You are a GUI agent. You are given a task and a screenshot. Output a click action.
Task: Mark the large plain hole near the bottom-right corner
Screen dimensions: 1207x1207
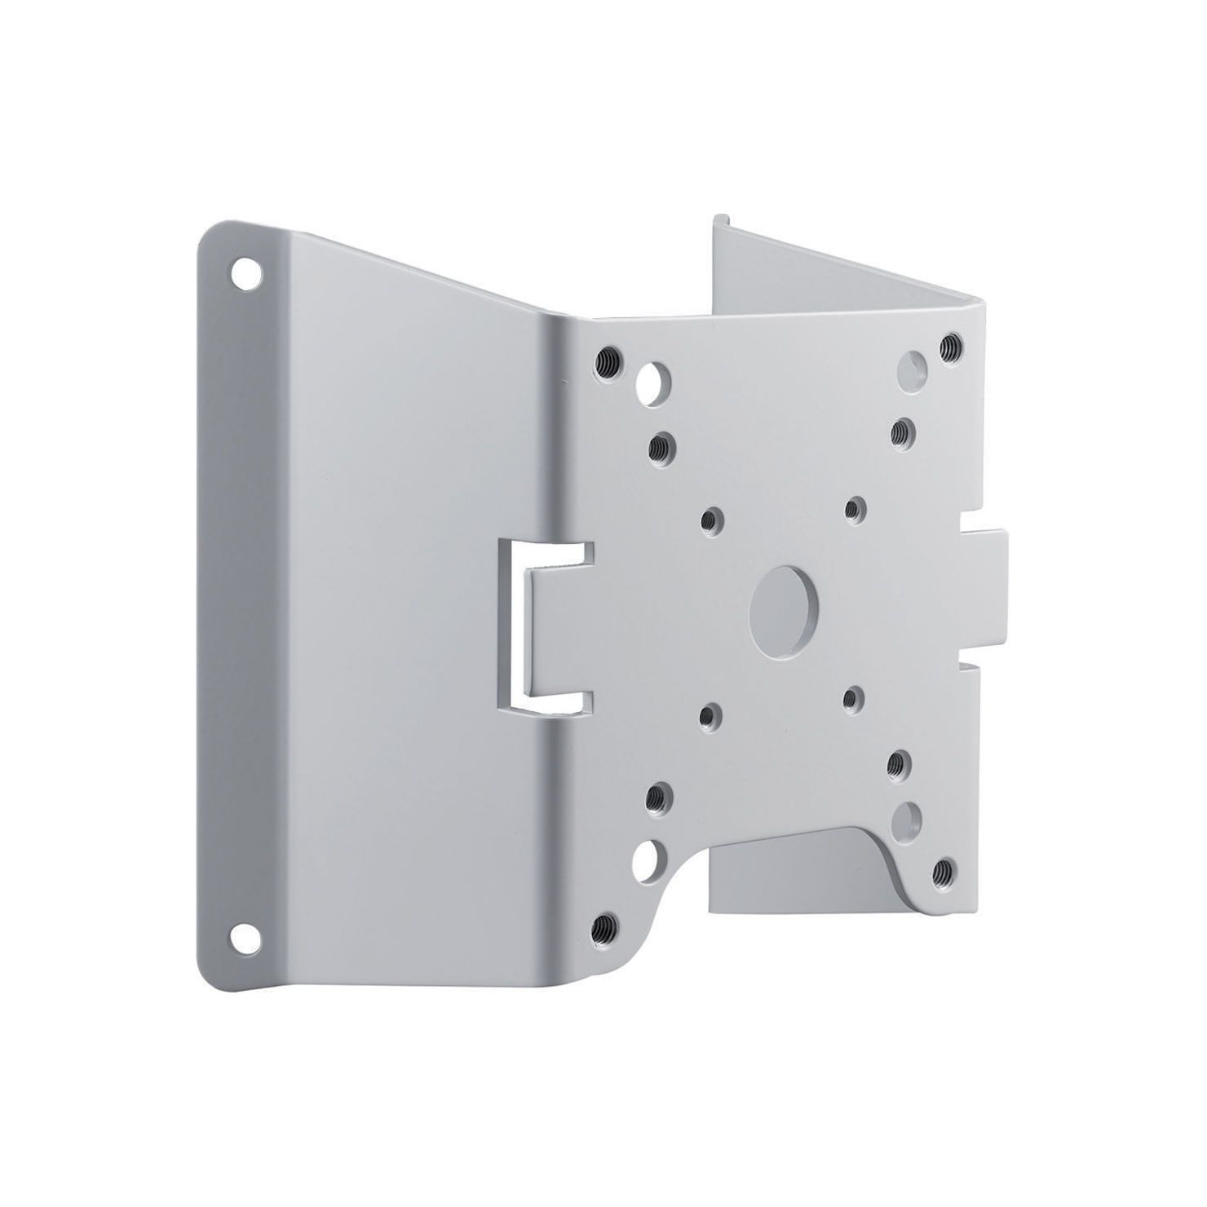(908, 814)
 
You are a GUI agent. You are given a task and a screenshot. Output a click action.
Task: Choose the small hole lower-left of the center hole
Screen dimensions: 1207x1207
(712, 715)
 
